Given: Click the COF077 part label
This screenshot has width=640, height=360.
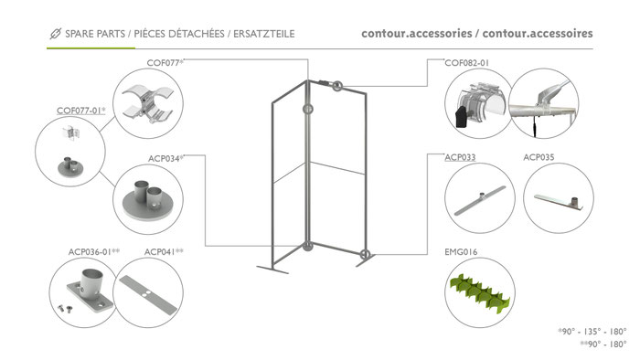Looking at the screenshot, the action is pos(165,63).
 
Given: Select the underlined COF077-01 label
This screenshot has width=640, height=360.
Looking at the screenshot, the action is pos(80,111).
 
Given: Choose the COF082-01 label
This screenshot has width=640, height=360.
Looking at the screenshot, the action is pos(466,63).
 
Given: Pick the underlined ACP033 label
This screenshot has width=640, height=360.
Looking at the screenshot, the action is pos(460,157).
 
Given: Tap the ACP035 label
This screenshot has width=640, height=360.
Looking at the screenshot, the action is pos(539,157).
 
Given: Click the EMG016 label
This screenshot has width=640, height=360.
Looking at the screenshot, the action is pos(461,252).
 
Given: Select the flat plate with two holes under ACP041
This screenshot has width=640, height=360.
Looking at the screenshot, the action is pos(148,294).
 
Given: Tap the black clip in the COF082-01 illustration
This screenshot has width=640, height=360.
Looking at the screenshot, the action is pos(461,117).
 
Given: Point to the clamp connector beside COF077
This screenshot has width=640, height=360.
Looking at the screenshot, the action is pos(148,103).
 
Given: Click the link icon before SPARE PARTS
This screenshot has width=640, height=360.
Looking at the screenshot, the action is pos(56,34).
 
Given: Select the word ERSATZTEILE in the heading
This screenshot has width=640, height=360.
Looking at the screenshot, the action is pos(264,34).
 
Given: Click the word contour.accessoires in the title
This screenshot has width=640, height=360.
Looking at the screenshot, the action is pos(538,34).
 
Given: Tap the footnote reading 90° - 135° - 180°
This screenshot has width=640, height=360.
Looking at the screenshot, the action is pos(592,332).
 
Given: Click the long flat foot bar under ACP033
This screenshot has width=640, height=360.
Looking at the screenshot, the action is pos(480,200).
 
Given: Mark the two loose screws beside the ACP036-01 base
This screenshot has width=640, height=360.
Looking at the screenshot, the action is pos(64,308).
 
